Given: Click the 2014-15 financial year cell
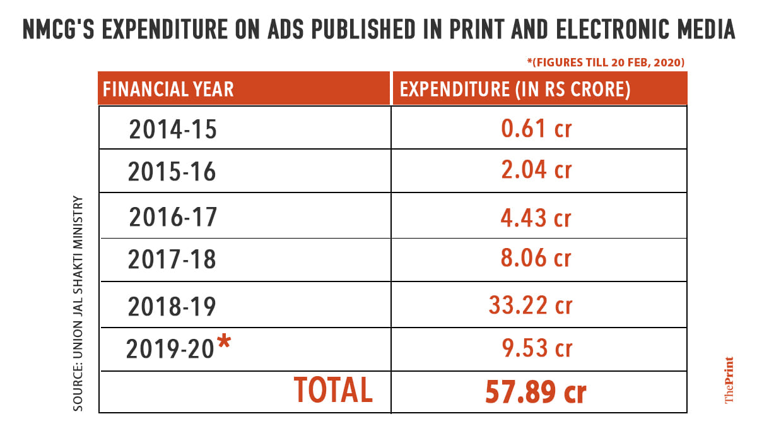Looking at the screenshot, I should (173, 129).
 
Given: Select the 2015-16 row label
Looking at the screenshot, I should (172, 172).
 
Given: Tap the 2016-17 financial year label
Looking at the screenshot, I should (173, 217).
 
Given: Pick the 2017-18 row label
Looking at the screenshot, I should (172, 259).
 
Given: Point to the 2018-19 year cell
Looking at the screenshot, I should (172, 307).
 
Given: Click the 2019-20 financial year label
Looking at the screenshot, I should (170, 348).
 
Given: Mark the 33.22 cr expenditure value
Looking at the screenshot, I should (530, 305).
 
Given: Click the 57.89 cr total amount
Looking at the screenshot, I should (536, 392).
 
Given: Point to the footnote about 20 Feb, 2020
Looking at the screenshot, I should (606, 62).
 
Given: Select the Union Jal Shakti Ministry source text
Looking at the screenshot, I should (78, 303).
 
